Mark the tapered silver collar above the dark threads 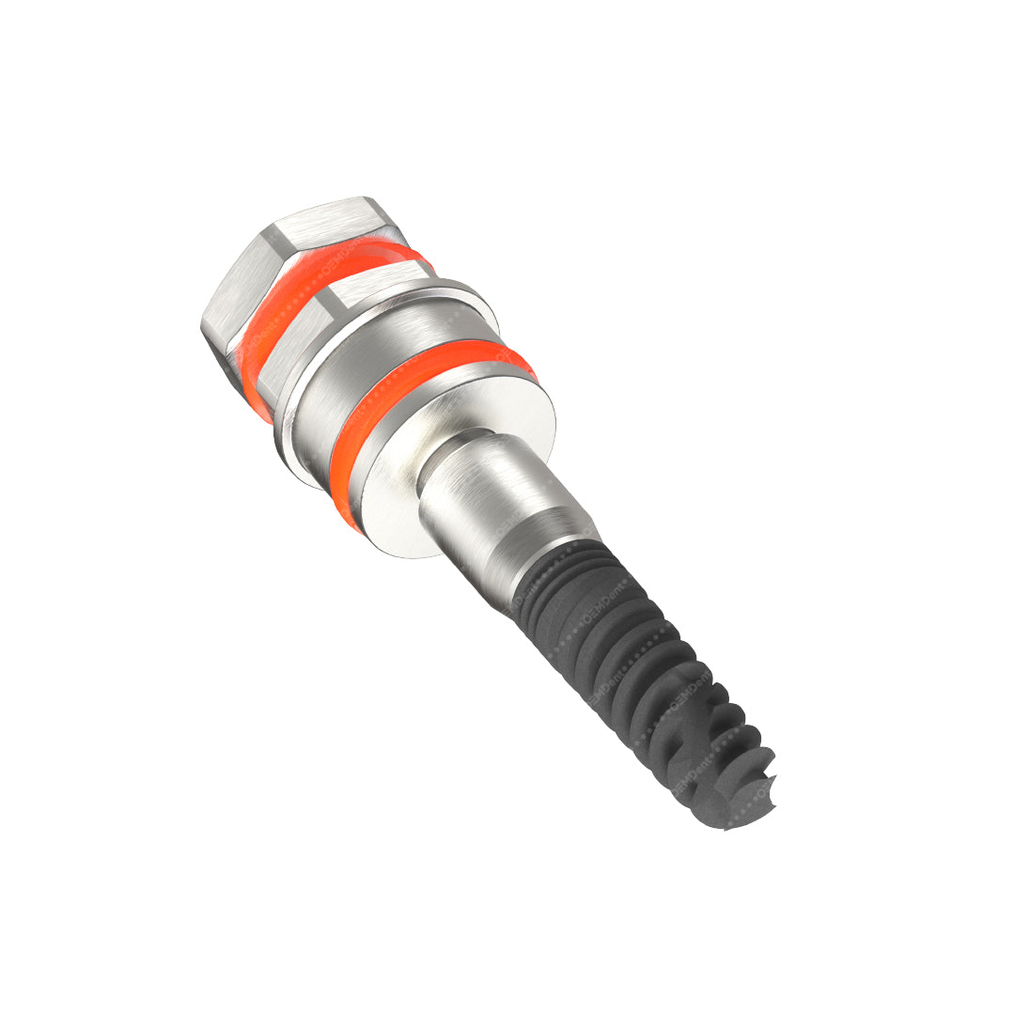click(x=545, y=545)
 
